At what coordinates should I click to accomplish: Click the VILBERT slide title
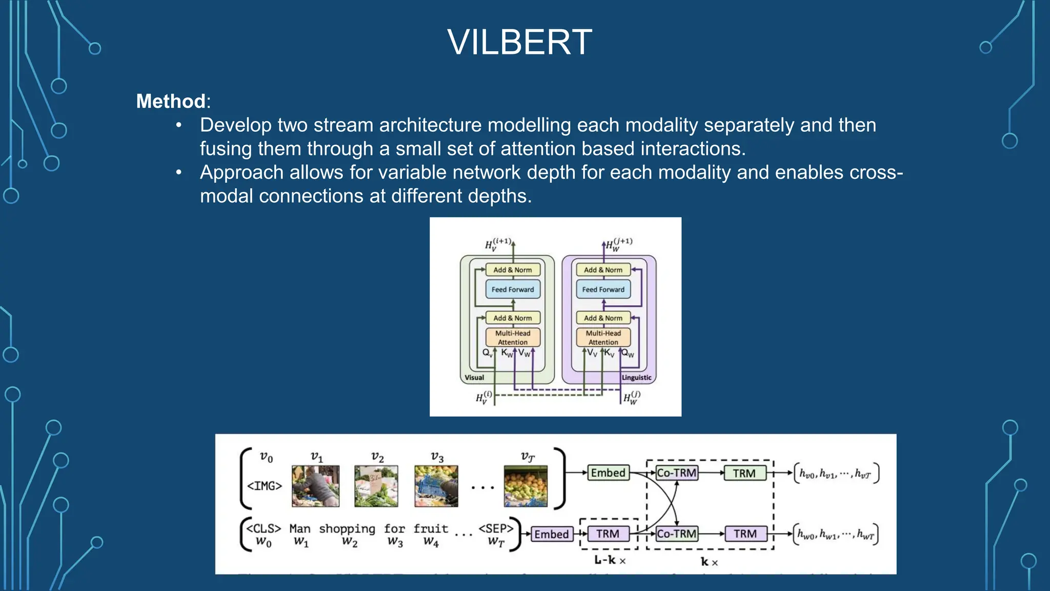tap(519, 42)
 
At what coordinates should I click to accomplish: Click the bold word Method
tap(171, 101)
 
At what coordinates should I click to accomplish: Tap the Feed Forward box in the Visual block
tap(512, 289)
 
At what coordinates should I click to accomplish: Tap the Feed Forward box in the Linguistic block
tap(603, 289)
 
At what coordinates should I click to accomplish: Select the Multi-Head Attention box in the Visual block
tap(512, 337)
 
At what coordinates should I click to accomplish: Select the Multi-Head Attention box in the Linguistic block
tap(603, 337)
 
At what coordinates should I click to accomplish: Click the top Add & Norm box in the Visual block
tap(512, 270)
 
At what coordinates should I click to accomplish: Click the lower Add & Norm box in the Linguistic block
tap(603, 318)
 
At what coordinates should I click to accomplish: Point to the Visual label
tap(474, 378)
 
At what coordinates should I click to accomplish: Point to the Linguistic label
tap(636, 378)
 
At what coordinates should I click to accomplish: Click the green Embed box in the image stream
tap(608, 472)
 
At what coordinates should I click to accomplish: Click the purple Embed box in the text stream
tap(551, 534)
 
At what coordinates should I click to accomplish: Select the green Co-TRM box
tap(677, 472)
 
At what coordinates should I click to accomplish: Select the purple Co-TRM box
tap(677, 534)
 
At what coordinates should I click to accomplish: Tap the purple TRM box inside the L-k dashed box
tap(608, 534)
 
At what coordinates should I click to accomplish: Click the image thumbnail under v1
tap(315, 486)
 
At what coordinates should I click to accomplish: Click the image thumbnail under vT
tap(526, 486)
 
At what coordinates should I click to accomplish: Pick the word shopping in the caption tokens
tap(347, 529)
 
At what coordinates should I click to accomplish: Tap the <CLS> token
tap(264, 528)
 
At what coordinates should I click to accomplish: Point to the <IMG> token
tap(265, 485)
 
